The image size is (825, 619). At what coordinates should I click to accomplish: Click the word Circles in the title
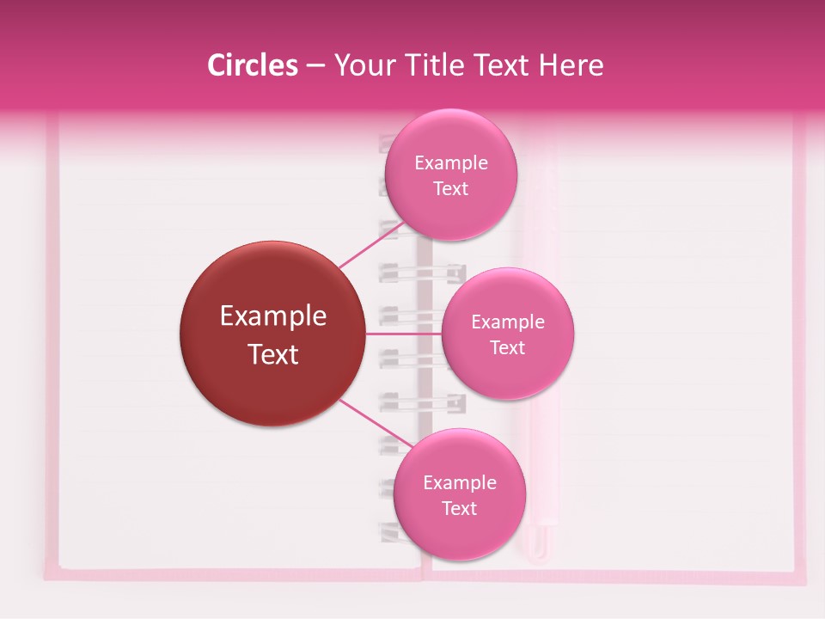pos(253,65)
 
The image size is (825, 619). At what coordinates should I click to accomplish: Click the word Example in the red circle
pos(273,316)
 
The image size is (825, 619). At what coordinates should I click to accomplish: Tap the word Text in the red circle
pos(273,354)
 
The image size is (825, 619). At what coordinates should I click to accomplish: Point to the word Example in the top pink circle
pos(451,163)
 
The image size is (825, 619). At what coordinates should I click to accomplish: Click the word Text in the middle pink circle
pos(508,348)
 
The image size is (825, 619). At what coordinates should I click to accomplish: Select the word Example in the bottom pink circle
pos(460,483)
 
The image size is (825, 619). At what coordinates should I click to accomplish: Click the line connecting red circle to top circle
pos(370,244)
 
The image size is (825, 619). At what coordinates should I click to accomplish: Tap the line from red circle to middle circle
pos(404,334)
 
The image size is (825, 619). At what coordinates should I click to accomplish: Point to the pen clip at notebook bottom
pos(539,537)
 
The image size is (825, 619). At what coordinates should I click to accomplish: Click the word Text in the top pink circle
pos(450,189)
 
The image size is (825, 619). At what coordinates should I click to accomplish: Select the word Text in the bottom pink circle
pos(459,509)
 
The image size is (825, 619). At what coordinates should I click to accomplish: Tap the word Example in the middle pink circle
pos(508,322)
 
